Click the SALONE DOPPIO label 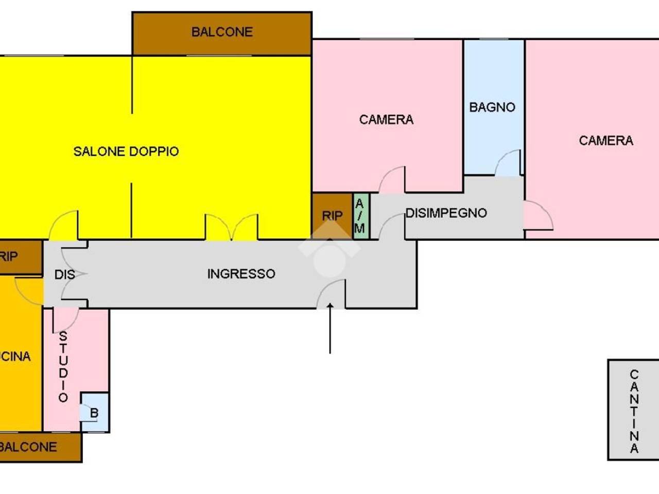[126, 151]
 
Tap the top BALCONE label [222, 32]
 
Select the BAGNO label [492, 108]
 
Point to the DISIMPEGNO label [446, 213]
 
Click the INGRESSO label [241, 274]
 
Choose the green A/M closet [361, 216]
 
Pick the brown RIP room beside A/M [333, 216]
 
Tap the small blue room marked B [95, 412]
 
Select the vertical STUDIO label [63, 367]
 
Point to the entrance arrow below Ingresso [330, 328]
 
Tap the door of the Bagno [508, 163]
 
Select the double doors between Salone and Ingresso [232, 227]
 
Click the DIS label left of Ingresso [64, 275]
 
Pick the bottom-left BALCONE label [28, 447]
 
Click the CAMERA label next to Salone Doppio [387, 120]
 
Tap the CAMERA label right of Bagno [606, 140]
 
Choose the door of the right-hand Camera [539, 216]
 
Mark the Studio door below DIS [66, 320]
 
